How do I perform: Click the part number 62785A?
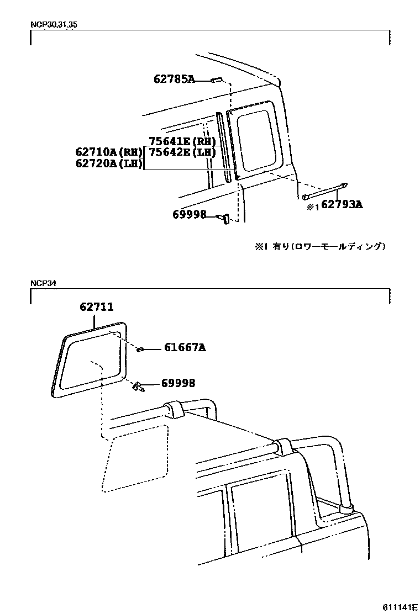point(174,80)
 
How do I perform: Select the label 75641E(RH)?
point(182,141)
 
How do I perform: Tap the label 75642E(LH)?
point(182,152)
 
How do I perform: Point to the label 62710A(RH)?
point(109,152)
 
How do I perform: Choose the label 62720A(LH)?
point(109,163)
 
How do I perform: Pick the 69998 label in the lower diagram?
point(178,383)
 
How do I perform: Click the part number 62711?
point(96,308)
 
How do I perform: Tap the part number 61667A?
point(185,348)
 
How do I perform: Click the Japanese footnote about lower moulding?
point(320,247)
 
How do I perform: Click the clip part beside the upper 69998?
point(224,219)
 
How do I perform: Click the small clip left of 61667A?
point(141,349)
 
